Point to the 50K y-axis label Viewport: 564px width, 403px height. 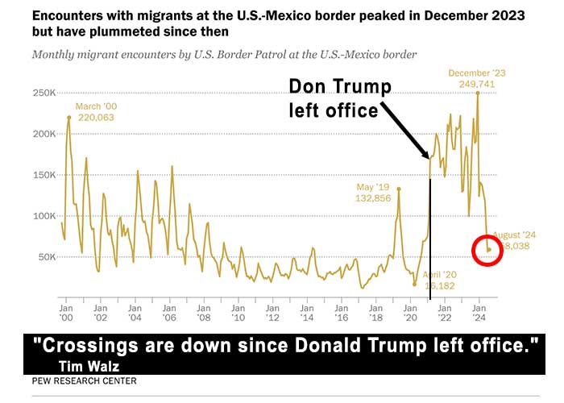44,257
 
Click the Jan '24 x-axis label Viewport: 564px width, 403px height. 478,313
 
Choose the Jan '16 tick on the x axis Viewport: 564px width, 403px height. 341,313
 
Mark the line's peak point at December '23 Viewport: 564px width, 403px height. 478,92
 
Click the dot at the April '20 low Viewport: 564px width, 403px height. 415,284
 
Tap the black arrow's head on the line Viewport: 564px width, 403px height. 428,158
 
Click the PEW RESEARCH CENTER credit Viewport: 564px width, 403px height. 84,380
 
